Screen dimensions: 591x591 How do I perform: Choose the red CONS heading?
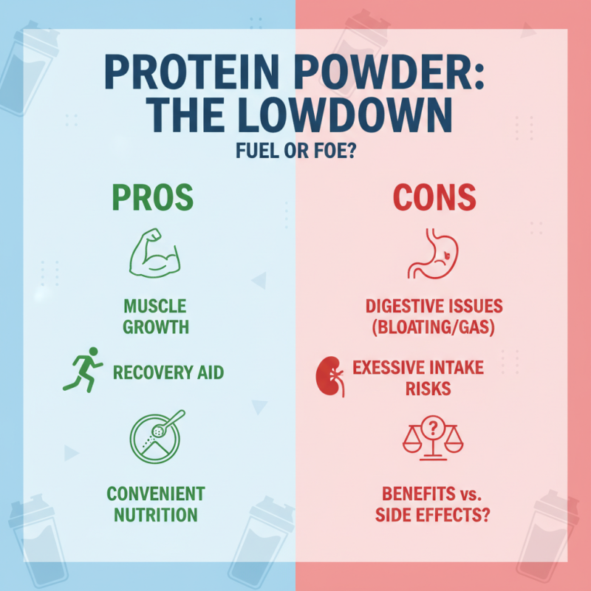434,197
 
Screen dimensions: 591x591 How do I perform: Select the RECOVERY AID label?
168,372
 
